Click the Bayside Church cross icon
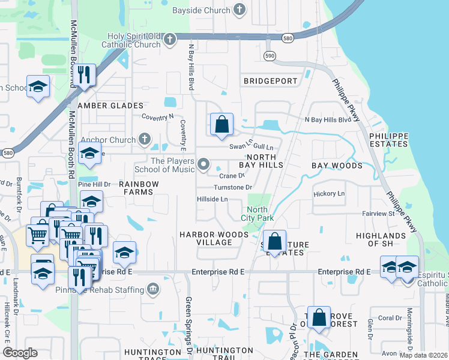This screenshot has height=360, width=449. coord(240,10)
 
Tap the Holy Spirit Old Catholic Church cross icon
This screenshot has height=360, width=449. coord(170,40)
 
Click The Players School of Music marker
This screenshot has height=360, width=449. coord(204,164)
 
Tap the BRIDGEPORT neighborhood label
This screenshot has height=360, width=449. coord(270,81)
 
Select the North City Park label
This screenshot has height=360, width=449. coord(258,213)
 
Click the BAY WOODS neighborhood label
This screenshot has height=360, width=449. coord(337,165)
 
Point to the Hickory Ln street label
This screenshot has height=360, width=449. coord(329,194)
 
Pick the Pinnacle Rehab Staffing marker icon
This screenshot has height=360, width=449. coord(154,290)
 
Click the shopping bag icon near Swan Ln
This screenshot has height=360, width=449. coord(221,125)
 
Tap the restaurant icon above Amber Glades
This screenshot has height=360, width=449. coord(84,75)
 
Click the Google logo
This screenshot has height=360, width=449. coord(20,353)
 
